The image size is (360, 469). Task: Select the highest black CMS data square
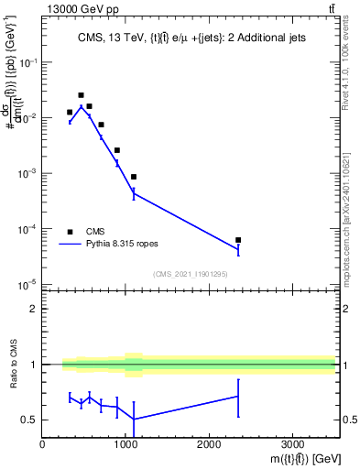(81, 95)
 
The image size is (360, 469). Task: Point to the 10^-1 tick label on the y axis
(28, 61)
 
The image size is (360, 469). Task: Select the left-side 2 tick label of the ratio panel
(34, 309)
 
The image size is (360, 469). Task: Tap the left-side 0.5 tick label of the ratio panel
(30, 420)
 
